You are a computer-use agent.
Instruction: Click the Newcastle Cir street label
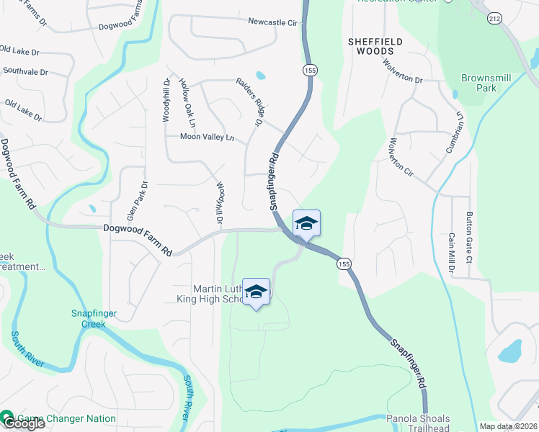273,23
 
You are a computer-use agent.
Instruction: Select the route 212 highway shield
494,17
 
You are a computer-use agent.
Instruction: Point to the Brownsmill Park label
479,83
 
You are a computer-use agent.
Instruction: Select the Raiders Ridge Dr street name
248,99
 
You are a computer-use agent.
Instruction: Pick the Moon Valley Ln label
208,137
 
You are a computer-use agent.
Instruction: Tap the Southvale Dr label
25,72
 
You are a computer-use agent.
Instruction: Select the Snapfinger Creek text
98,318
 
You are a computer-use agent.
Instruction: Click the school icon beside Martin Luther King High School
256,291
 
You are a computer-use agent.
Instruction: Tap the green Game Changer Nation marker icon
7,418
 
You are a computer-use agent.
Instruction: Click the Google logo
23,423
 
